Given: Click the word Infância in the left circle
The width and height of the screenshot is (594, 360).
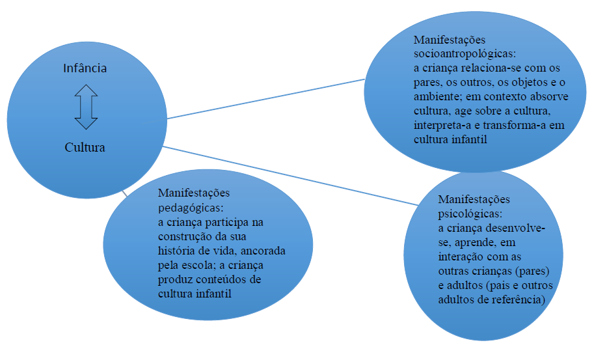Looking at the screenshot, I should pyautogui.click(x=85, y=68).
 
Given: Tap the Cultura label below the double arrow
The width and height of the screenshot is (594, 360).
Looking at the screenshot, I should pyautogui.click(x=85, y=147).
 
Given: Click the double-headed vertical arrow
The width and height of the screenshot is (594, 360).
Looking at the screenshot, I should pyautogui.click(x=85, y=107).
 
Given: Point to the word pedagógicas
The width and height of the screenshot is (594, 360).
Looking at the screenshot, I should pyautogui.click(x=190, y=208).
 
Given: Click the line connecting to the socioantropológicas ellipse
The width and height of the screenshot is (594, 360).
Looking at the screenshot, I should pyautogui.click(x=267, y=99).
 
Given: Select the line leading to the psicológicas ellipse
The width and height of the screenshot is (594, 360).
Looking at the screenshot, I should pyautogui.click(x=293, y=175).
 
